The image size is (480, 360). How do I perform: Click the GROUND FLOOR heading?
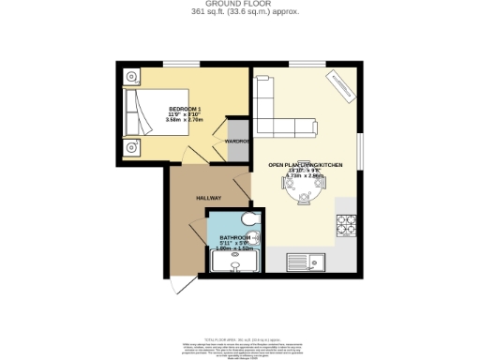(x=240, y=5)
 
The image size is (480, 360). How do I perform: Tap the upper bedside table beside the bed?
(x=132, y=76)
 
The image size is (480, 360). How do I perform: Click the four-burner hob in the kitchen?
(x=348, y=225)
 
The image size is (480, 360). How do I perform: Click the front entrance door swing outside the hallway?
(x=180, y=286)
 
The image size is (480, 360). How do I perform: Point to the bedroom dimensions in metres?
(x=185, y=120)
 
